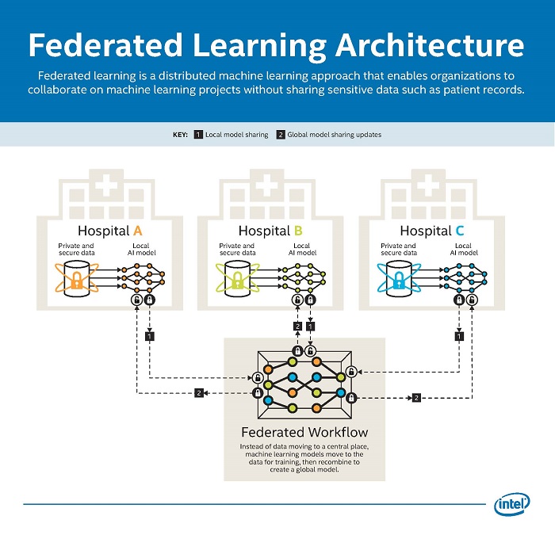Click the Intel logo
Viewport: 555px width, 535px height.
(x=512, y=504)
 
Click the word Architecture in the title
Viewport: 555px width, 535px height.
(x=434, y=45)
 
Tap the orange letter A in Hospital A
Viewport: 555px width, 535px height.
(x=137, y=231)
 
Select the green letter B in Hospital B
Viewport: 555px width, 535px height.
(x=298, y=231)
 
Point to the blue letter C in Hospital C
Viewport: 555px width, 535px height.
(x=460, y=231)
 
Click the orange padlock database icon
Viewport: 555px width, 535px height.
(x=77, y=280)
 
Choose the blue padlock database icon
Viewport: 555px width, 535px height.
(x=399, y=280)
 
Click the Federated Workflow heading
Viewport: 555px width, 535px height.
(x=304, y=433)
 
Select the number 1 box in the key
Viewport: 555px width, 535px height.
(x=198, y=135)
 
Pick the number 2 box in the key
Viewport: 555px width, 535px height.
(x=281, y=135)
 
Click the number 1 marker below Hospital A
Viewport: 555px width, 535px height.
(x=149, y=337)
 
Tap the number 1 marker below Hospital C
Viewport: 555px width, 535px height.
(x=458, y=337)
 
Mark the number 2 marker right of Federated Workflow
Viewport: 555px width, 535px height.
(x=416, y=397)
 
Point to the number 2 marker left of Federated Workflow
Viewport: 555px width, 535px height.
(x=199, y=393)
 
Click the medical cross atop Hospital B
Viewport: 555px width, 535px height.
(x=265, y=187)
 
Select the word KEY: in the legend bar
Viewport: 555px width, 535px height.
(x=180, y=135)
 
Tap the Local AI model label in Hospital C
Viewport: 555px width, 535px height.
(x=463, y=250)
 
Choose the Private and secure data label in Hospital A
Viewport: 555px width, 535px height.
(x=76, y=250)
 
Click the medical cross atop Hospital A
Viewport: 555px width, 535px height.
(x=104, y=187)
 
